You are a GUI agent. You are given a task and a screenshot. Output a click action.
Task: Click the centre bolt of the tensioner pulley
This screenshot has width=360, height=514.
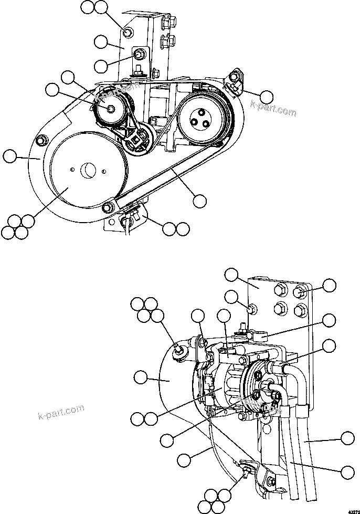coord(111,108)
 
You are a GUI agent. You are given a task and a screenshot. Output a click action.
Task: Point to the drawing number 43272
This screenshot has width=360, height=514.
coord(350,509)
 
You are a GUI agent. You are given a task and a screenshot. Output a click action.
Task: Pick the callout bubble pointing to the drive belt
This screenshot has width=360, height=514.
coord(200,200)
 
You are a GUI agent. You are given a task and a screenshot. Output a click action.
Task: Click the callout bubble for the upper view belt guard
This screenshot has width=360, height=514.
coord(10,155)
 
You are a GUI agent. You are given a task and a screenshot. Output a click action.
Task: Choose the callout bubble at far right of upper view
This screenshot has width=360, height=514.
coord(267,96)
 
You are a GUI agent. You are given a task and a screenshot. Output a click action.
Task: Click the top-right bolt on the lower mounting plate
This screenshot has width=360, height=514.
coord(300,291)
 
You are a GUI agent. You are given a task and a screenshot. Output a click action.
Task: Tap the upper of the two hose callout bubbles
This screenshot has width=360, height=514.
coord(347,439)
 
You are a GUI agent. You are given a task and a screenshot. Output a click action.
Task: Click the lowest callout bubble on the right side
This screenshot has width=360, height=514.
coord(347,471)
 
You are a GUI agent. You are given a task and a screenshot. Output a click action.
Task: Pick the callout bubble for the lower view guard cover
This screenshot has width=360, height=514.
coord(141,376)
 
